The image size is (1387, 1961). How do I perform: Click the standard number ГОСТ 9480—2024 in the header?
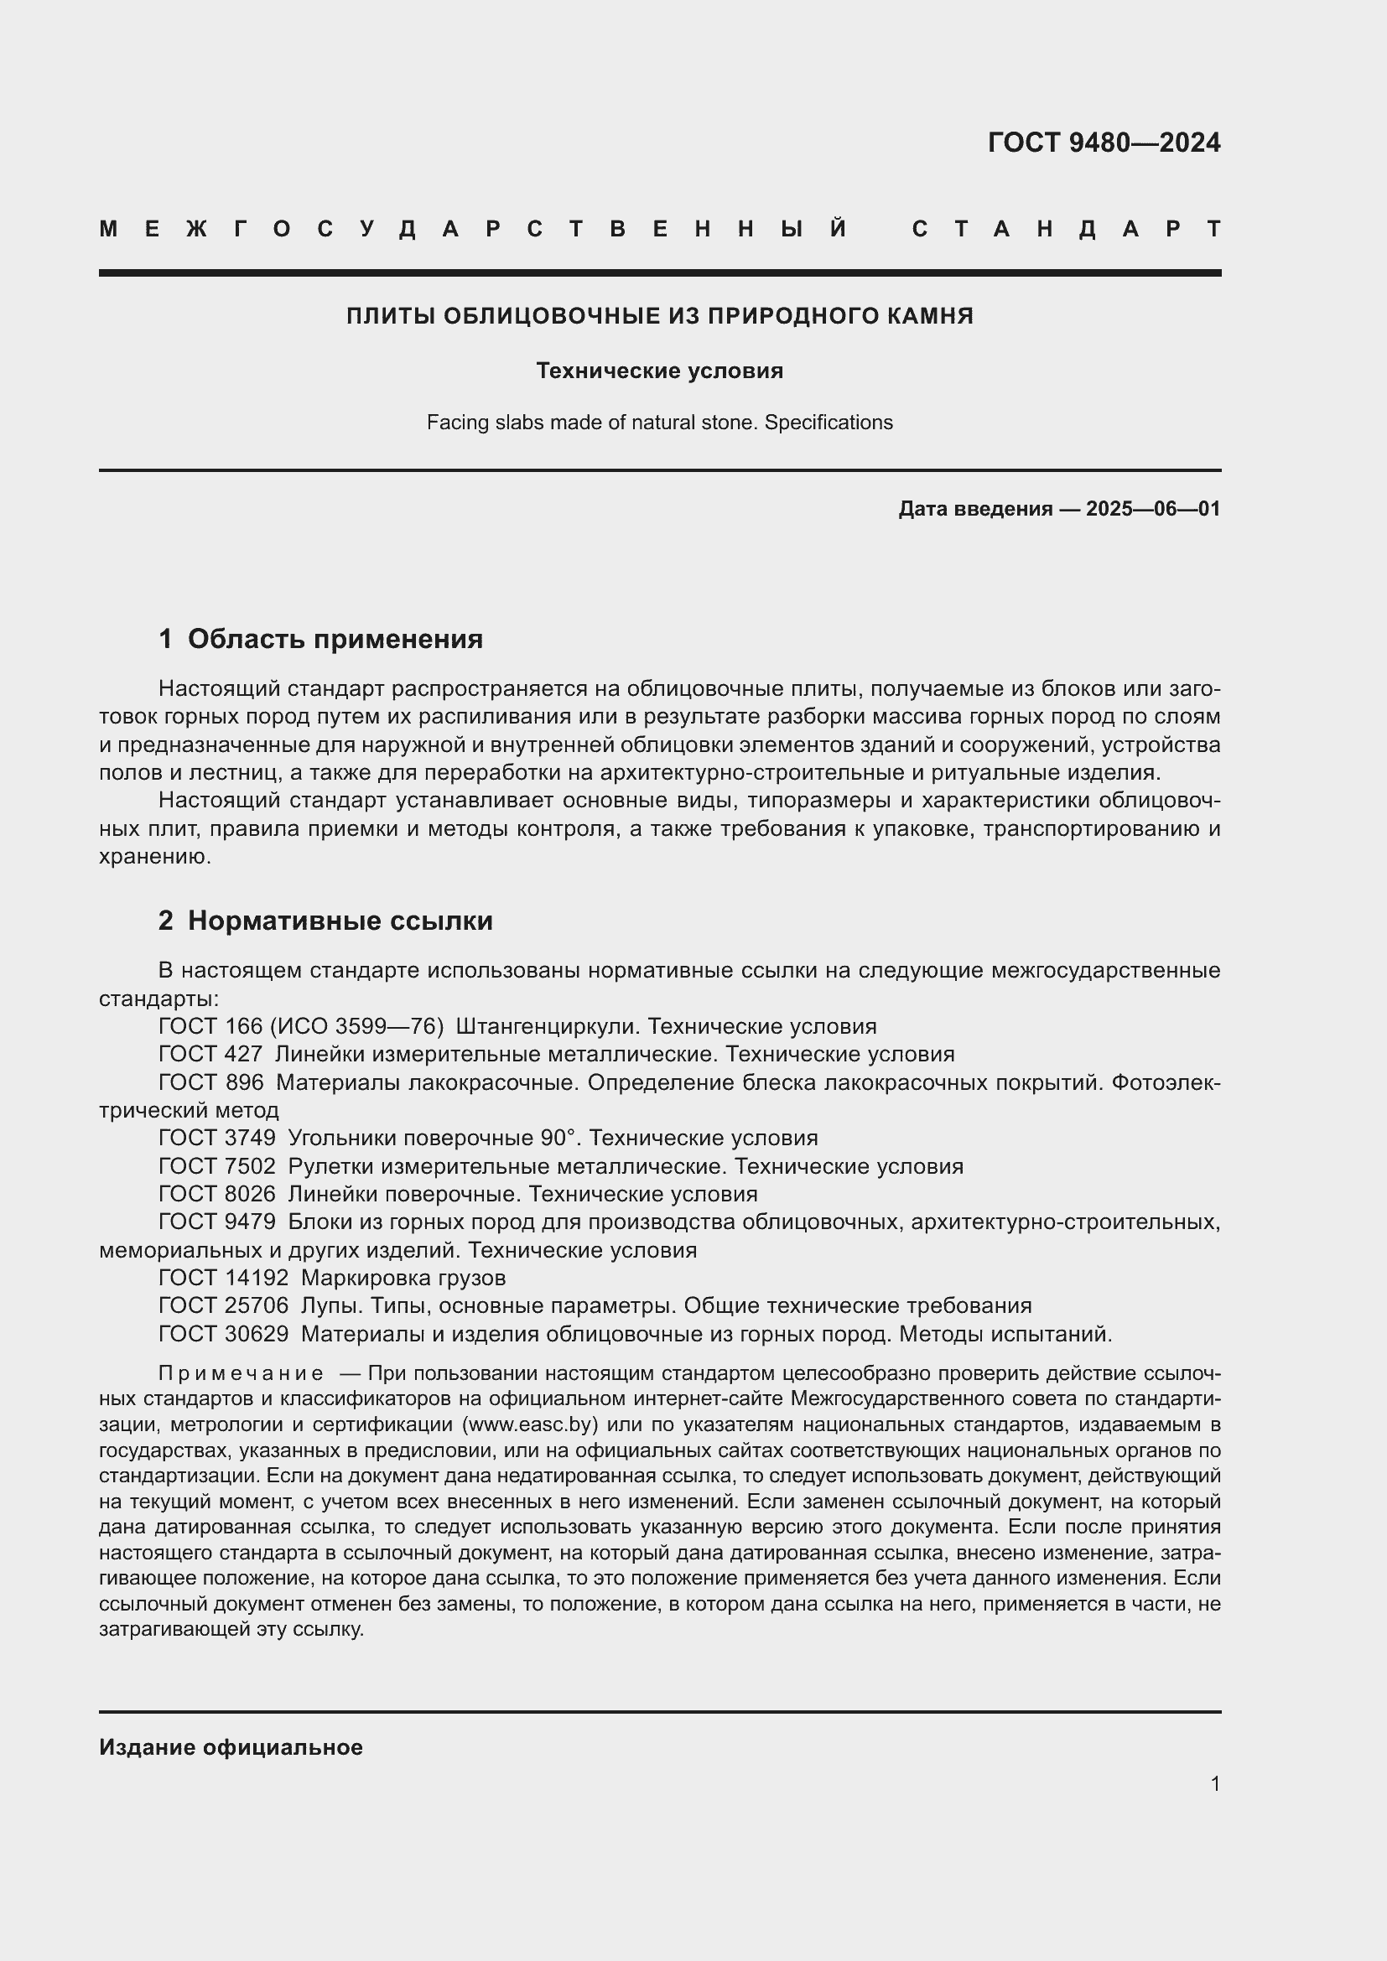click(1104, 143)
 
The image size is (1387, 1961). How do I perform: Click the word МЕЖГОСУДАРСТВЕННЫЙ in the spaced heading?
click(473, 229)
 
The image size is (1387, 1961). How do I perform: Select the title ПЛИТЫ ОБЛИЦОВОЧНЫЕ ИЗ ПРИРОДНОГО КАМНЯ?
click(659, 316)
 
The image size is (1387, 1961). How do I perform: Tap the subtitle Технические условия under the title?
click(659, 371)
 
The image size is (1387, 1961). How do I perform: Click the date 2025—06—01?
click(1152, 509)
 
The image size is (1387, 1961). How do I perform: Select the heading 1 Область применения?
click(320, 639)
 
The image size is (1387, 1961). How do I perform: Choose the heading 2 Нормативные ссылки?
click(325, 921)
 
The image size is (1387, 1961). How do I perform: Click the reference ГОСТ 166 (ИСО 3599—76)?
click(301, 1027)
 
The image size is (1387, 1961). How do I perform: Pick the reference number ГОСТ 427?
click(210, 1055)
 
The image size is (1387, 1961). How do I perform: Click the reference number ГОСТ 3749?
click(217, 1139)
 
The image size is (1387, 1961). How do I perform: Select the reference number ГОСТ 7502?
click(217, 1167)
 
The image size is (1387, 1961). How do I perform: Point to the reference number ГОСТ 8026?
click(217, 1194)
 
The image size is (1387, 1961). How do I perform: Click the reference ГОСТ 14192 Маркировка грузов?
click(331, 1279)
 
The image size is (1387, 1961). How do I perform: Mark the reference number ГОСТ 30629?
click(223, 1334)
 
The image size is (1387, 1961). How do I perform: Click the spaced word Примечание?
click(241, 1374)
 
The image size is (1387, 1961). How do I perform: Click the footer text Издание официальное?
click(231, 1747)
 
